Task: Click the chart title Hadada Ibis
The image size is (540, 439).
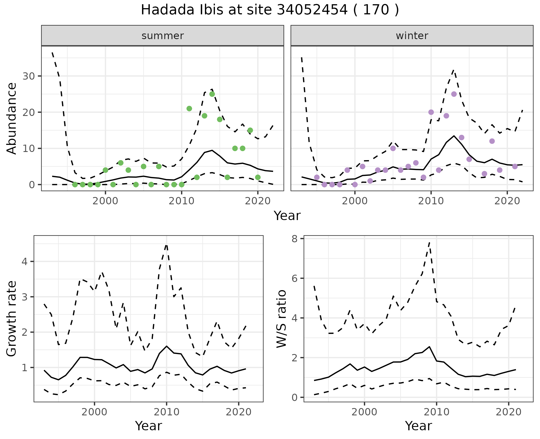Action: (x=269, y=10)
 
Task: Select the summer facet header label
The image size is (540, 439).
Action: (x=163, y=36)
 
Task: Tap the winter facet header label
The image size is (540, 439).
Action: (x=412, y=36)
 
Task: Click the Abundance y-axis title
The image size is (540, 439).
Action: (x=12, y=118)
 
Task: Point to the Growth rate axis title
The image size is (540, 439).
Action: (x=12, y=319)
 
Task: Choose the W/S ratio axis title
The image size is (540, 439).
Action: (x=281, y=319)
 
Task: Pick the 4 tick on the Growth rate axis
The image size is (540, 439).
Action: (x=24, y=262)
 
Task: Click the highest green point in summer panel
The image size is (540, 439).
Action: (x=212, y=94)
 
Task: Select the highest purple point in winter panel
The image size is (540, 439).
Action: (x=454, y=94)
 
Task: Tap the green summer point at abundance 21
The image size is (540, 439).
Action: (x=189, y=109)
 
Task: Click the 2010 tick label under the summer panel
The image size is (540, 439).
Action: (x=181, y=201)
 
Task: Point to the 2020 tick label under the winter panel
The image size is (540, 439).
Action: (x=507, y=201)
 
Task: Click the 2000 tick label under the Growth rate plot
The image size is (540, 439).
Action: (x=94, y=412)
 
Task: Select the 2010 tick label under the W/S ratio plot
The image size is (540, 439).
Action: (x=436, y=412)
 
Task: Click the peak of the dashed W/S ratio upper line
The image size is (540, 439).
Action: (x=429, y=242)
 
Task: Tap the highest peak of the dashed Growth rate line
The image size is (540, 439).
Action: (x=166, y=245)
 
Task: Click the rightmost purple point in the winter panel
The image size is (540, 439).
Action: (x=515, y=167)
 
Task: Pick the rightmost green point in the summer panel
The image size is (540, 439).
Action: (x=258, y=177)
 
